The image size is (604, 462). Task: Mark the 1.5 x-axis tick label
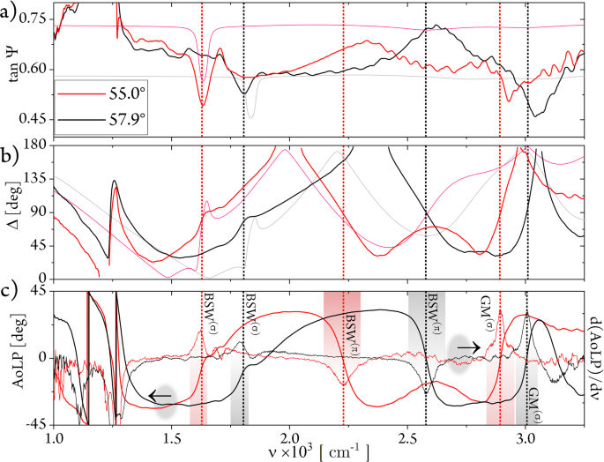[x=172, y=438]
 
